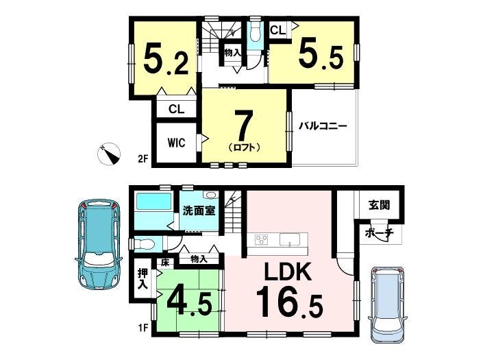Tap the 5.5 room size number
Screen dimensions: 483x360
point(321,53)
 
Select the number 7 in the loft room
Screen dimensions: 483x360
point(244,125)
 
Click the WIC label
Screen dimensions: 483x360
point(176,143)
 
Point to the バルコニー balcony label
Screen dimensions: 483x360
point(323,126)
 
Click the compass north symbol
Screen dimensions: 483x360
point(109,154)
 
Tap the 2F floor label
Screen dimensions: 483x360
point(143,158)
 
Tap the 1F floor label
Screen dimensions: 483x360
point(143,327)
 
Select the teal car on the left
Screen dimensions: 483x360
point(99,244)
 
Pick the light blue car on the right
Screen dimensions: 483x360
point(388,304)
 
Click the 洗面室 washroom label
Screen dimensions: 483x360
point(199,211)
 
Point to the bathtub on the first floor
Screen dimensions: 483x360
point(153,202)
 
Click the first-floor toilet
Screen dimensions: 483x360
point(145,244)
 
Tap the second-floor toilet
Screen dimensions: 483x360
point(255,33)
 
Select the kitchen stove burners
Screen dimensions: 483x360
point(262,239)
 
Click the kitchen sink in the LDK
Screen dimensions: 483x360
point(290,239)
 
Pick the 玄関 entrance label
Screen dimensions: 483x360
point(380,204)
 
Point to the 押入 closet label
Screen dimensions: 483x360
point(143,278)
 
